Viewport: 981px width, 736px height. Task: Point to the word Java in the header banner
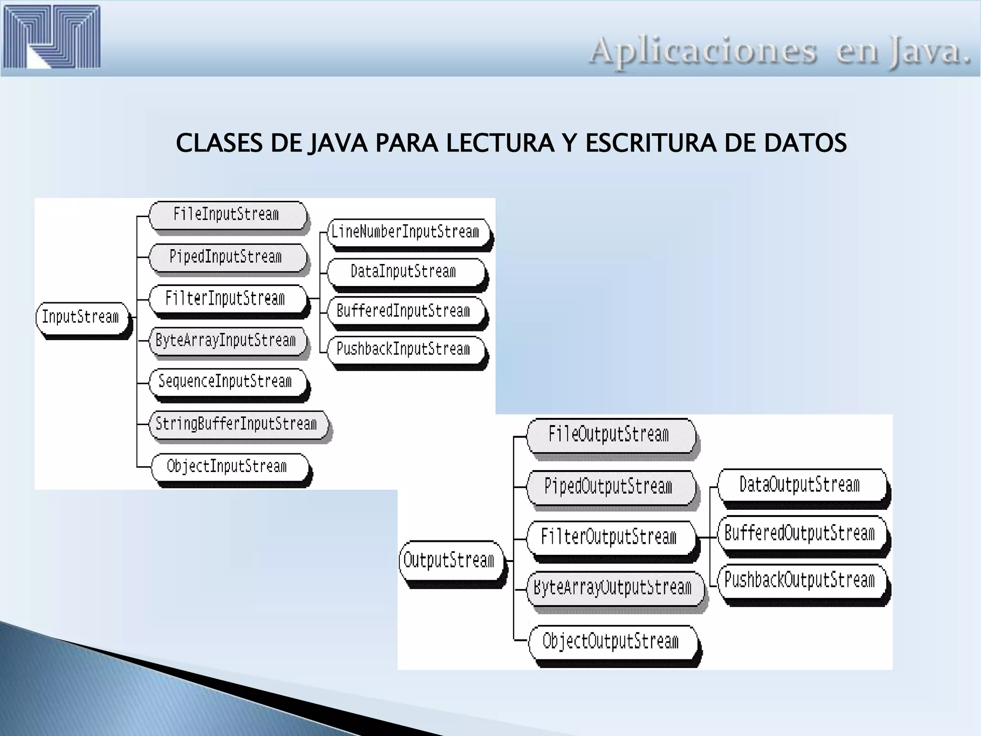[929, 52]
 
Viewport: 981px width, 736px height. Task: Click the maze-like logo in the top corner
[52, 36]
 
